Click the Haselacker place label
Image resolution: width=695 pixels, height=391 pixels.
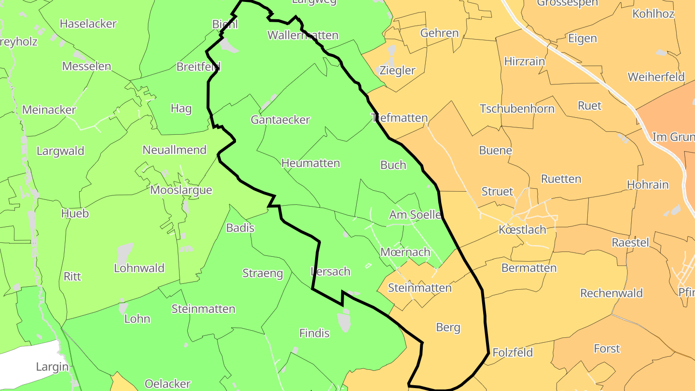pos(88,24)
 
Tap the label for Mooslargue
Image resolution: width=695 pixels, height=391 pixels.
pos(181,190)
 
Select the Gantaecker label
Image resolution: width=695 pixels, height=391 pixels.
pos(280,120)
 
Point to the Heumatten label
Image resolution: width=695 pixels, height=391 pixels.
pos(310,163)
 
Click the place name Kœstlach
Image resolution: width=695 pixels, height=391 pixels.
pos(523,229)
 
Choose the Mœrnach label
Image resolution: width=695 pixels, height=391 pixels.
pos(405,252)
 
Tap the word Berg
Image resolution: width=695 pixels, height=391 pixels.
pos(448,328)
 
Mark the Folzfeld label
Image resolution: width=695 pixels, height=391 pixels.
pos(513,353)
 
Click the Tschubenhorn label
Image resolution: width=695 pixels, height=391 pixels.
pos(517,109)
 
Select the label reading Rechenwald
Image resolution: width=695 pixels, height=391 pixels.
pos(612,293)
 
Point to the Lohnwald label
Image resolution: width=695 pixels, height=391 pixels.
pos(139,268)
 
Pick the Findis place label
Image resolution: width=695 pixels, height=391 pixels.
pos(314,333)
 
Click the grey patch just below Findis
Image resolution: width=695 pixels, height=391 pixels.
pos(344,321)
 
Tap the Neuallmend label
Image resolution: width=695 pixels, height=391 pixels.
pos(174,150)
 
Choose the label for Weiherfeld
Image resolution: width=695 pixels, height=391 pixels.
pos(656,77)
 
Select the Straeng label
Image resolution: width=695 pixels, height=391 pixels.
pos(263,274)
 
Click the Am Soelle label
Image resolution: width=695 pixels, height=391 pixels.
pos(415,215)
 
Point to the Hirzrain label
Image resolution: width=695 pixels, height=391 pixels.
pos(524,62)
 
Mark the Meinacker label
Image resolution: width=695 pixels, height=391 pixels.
pos(49,110)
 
